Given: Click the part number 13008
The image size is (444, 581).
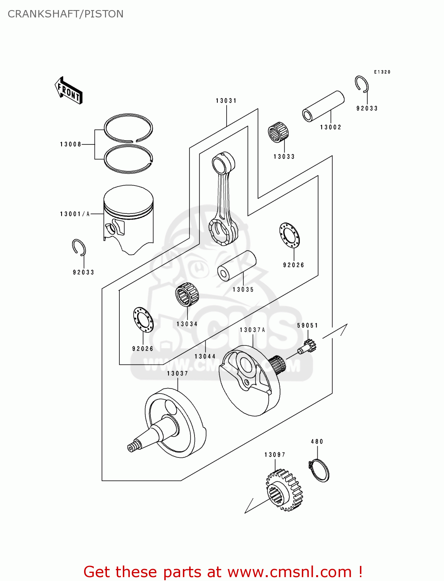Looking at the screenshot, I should coord(71,144).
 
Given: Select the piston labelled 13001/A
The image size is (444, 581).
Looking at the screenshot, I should coord(129,219).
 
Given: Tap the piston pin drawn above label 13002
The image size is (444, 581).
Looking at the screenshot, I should coord(323,106).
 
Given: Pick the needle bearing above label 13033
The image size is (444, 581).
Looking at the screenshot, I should coord(278,132).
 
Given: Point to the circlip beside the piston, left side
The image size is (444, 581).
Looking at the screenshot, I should coord(79,248).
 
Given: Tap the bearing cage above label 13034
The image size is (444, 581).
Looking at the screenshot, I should coord(187,295).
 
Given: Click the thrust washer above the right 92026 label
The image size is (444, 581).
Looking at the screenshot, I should coord(289,235).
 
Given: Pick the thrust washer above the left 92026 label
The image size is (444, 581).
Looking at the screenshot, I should coord(143,320).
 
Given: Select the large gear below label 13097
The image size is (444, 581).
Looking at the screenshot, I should coord(284,490).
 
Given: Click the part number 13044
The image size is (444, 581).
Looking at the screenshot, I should coord(205,356).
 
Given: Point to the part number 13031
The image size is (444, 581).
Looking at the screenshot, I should coord(226,101).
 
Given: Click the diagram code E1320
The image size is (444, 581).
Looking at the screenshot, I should coord(382,72).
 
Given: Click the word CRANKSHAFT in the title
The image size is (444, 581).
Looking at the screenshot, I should coord(42,14).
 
